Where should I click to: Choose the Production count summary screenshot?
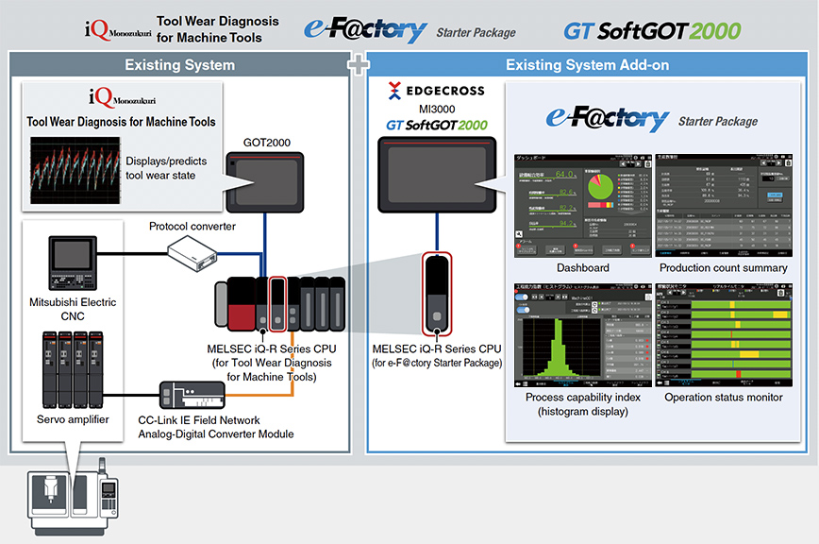[723, 204]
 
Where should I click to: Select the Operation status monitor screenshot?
[723, 336]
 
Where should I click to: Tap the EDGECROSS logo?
[436, 92]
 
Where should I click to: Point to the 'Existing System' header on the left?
[179, 65]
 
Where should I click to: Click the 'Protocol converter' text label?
[192, 226]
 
